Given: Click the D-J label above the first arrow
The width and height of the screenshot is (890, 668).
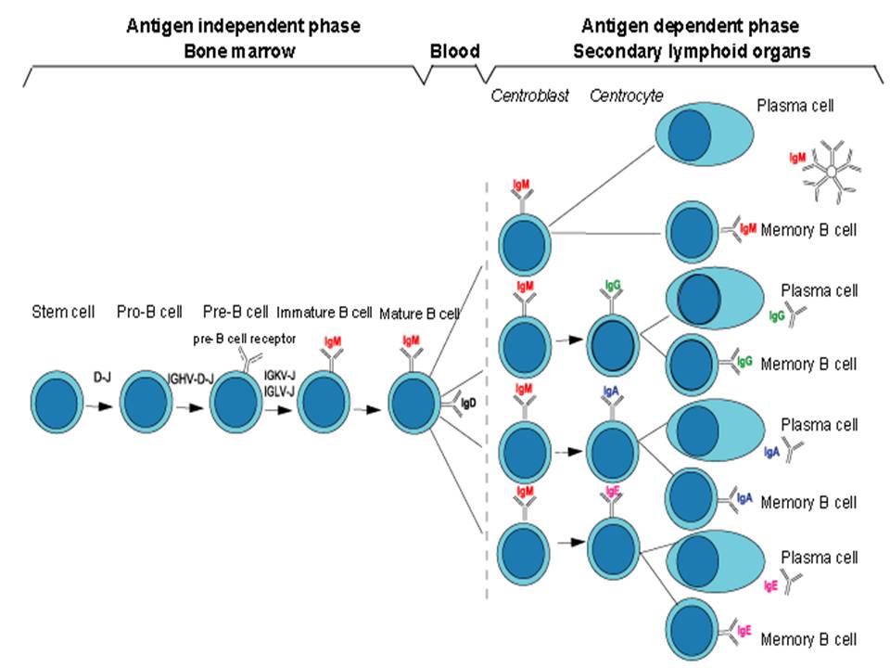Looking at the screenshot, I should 103,377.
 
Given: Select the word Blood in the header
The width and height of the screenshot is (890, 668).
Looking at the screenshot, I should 455,52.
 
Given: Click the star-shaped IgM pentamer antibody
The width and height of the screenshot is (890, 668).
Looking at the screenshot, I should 833,173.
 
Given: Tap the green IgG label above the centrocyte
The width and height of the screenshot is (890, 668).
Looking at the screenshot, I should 613,280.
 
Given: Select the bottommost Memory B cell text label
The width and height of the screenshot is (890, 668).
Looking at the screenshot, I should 808,639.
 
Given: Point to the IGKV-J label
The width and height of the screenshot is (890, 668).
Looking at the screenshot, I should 279,375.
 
